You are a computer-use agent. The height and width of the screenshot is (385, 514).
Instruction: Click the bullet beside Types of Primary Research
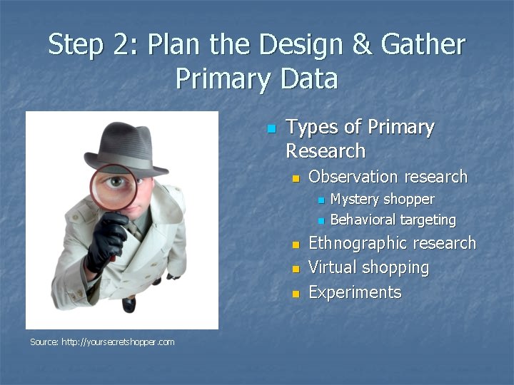pyautogui.click(x=271, y=129)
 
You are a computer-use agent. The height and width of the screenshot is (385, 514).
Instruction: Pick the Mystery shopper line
pyautogui.click(x=382, y=199)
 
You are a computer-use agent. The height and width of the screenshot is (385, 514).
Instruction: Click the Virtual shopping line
pyautogui.click(x=368, y=268)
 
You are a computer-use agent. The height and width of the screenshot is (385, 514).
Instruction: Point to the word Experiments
pyautogui.click(x=355, y=292)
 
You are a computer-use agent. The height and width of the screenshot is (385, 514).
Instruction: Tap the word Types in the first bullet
pyautogui.click(x=312, y=127)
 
